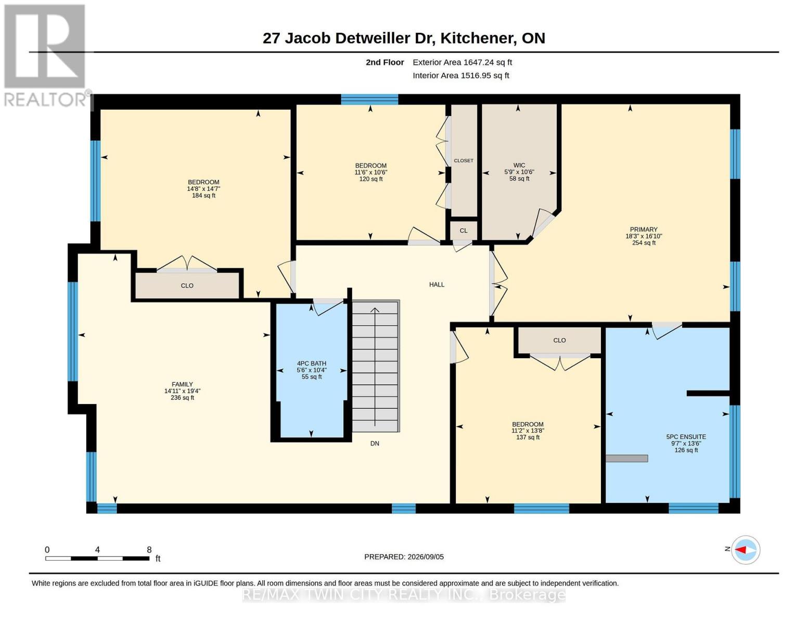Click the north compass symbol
[x=745, y=550]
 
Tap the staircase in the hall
[x=376, y=366]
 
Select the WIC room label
[x=519, y=165]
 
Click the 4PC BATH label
[x=312, y=363]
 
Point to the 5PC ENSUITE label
[x=686, y=437]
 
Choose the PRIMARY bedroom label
[x=644, y=230]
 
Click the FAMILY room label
[x=182, y=384]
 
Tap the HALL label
[x=437, y=284]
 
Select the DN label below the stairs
[x=375, y=444]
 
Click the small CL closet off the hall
[x=463, y=231]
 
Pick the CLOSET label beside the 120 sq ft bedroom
[x=463, y=161]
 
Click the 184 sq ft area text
[x=203, y=196]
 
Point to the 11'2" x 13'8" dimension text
[x=528, y=431]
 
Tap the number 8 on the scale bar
[x=149, y=550]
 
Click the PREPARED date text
[x=404, y=557]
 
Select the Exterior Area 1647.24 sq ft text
[x=462, y=62]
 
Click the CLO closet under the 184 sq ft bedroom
[x=187, y=285]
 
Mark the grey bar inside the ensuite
[x=626, y=459]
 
